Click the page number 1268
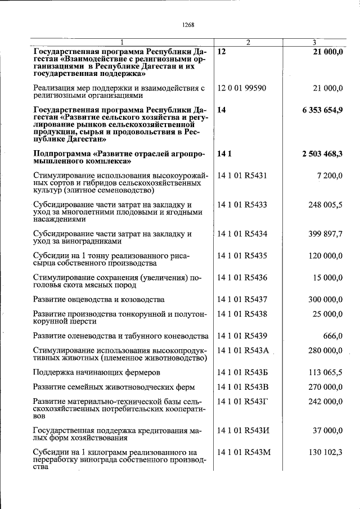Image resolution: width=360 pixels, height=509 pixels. coord(188,24)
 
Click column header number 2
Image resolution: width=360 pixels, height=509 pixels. coord(248,43)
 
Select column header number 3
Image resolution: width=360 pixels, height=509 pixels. coord(314,43)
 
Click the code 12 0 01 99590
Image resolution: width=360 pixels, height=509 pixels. coord(242,88)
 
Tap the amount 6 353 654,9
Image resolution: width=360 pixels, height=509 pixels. coord(322,110)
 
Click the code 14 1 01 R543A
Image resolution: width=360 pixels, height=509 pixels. coord(243,351)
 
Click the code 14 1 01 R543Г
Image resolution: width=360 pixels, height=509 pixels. coord(242,402)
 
